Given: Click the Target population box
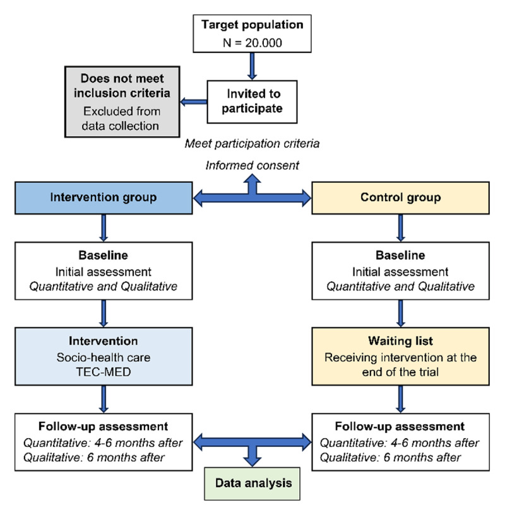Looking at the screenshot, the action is click(252, 33).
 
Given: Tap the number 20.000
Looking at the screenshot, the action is click(263, 43).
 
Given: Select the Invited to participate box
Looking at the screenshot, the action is click(252, 102).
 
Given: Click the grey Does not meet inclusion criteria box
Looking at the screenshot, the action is click(122, 102).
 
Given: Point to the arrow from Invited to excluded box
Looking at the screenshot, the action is click(194, 102).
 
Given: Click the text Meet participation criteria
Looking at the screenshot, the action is click(252, 144).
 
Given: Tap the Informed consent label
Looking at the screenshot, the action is click(252, 165).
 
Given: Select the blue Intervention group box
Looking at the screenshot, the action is click(104, 198).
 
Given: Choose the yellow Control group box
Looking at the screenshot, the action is click(400, 198).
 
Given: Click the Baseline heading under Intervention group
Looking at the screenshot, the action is click(104, 255).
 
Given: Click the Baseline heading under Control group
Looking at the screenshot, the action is click(400, 255).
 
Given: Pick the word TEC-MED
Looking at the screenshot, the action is click(104, 372).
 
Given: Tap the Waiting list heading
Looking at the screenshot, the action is click(400, 341).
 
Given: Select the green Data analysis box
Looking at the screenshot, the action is click(252, 483).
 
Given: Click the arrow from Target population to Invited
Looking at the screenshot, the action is click(252, 66).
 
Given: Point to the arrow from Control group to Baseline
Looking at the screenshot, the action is click(400, 228).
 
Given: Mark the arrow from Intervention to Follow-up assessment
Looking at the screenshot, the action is click(104, 399).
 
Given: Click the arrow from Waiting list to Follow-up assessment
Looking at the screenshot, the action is click(400, 399).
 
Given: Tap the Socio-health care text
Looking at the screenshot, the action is click(104, 357).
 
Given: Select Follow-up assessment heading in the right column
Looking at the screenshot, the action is click(400, 426).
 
